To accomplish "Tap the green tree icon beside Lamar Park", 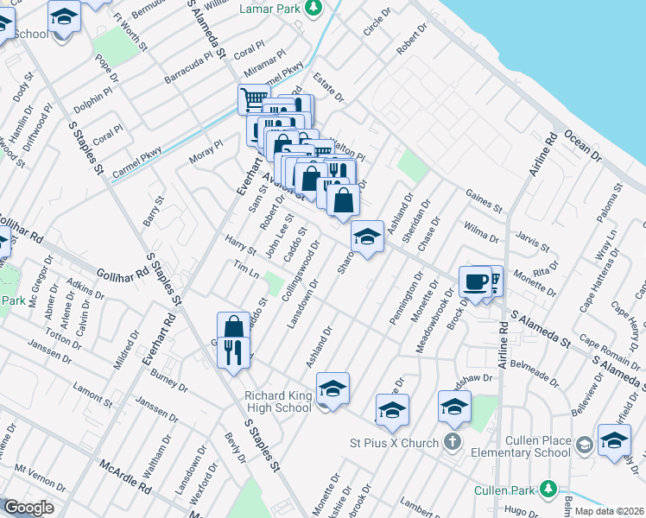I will click(x=313, y=9).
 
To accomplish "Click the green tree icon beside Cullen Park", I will click(x=546, y=488).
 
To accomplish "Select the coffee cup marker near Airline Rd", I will click(x=474, y=282).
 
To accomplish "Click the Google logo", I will click(x=28, y=508).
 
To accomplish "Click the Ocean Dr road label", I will click(x=582, y=145).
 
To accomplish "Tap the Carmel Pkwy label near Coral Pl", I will click(x=137, y=163).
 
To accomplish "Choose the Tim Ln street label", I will click(x=246, y=269).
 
